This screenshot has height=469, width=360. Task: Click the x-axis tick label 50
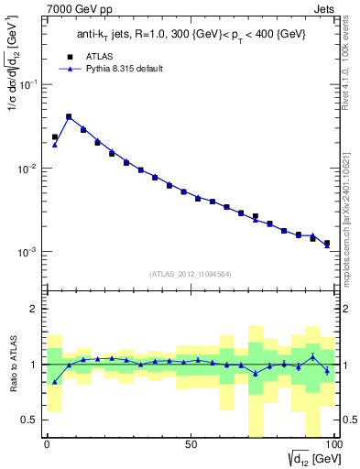click(190, 444)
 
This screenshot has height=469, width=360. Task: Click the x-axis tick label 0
click(47, 444)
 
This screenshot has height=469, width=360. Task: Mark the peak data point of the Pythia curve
click(69, 117)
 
